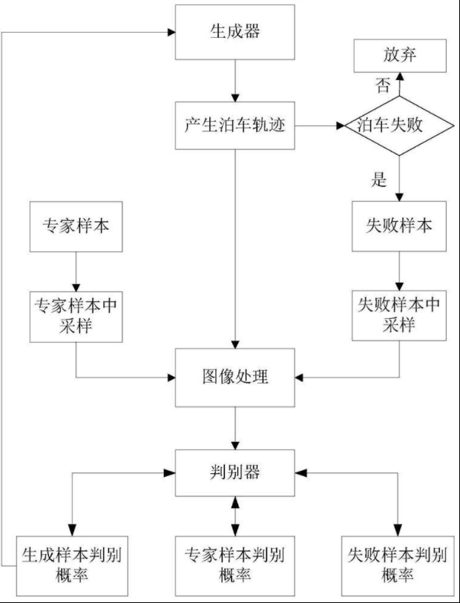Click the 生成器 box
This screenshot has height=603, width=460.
coord(235,33)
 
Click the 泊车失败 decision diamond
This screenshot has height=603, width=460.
coord(399,125)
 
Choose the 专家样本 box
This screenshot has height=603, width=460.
coord(75,227)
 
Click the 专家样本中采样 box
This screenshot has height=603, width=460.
coord(75,316)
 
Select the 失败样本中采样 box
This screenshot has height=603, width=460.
coord(400,316)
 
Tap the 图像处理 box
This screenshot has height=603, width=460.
coord(235,378)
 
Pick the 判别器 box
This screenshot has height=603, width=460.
coord(235,472)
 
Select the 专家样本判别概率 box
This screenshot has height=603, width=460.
coord(235,564)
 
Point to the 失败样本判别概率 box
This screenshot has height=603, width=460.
coord(400,564)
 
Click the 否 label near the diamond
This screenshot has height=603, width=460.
coord(383,86)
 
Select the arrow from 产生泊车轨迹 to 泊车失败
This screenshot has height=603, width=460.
coord(320,127)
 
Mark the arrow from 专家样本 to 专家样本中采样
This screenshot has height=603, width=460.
coord(75,271)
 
